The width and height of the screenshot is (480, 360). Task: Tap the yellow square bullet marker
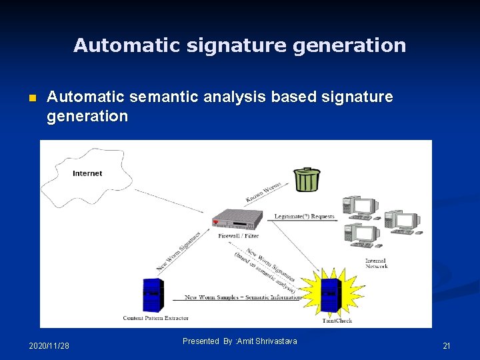coord(31,99)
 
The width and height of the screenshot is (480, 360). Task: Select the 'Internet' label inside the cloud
coord(87,173)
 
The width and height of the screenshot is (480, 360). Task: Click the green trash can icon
coord(307,179)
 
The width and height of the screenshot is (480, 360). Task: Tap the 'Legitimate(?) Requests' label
coord(305,216)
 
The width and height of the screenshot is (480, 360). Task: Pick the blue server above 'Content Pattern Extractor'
coord(152,295)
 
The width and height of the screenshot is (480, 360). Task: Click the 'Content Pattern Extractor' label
coord(155,318)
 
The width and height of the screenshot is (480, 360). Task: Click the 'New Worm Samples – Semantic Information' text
coord(243,297)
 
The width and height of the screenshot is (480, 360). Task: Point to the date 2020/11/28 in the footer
coord(49,345)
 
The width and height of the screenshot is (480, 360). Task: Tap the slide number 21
coord(447,345)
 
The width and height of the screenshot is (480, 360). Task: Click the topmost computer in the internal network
coord(360,207)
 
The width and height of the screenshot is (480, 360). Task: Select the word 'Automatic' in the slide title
coord(117,45)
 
